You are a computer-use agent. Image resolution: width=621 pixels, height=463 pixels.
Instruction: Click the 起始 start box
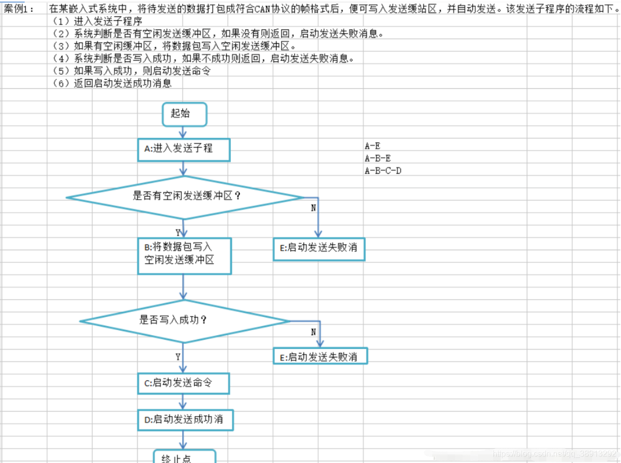(x=184, y=114)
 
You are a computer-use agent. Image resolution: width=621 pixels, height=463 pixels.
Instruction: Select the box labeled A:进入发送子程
(x=184, y=150)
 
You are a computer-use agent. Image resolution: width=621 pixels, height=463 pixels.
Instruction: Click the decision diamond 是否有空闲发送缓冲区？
(x=185, y=197)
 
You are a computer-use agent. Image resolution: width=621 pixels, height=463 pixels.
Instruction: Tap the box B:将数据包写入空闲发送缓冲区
(x=184, y=256)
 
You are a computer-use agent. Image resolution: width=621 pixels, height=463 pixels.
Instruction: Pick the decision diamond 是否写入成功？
(x=184, y=320)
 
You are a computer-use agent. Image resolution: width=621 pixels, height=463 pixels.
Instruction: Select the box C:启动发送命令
(x=184, y=383)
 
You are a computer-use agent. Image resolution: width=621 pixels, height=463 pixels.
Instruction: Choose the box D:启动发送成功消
(x=186, y=420)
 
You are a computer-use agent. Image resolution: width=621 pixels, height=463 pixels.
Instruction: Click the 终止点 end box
(x=185, y=456)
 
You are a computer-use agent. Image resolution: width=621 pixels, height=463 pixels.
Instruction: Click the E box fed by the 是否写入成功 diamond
(x=320, y=356)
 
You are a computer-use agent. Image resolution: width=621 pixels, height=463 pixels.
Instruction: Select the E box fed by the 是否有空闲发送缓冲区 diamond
(x=319, y=248)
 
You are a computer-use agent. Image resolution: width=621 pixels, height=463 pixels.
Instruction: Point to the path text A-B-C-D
(x=383, y=171)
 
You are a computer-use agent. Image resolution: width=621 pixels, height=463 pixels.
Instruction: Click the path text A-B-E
(x=377, y=158)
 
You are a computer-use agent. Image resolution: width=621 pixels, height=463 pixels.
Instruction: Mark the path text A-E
(x=372, y=146)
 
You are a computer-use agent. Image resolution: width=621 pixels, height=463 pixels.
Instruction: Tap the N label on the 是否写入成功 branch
(x=313, y=332)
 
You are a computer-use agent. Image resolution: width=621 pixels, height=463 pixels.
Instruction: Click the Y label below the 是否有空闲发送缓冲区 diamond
(x=178, y=233)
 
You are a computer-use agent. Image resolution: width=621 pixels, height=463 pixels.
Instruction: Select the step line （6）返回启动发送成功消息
(x=112, y=84)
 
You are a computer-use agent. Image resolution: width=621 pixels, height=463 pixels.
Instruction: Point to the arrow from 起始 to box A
(x=184, y=132)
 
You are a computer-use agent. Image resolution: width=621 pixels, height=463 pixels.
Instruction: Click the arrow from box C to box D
(x=184, y=402)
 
